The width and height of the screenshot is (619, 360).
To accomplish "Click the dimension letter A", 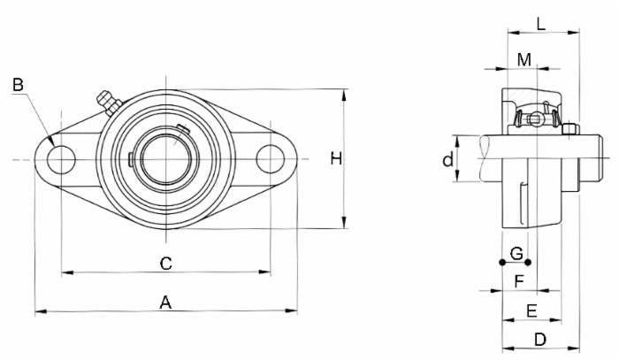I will (164, 303).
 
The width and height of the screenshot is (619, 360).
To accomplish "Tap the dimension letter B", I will (19, 85).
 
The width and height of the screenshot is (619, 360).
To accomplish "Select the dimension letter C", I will (164, 263).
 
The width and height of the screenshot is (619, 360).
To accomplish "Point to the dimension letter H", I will (335, 158).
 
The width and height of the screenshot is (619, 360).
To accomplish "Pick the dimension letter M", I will (524, 59).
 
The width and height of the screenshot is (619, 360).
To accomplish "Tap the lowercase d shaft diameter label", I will (448, 159).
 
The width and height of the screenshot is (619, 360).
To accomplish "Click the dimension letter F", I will (520, 281).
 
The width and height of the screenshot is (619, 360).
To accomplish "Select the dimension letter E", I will (531, 310).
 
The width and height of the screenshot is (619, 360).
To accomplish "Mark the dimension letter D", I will (540, 340).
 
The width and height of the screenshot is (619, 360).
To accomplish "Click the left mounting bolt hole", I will (61, 159).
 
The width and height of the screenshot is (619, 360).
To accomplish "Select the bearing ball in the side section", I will (533, 119).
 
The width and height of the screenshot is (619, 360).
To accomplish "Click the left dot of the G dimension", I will (502, 262).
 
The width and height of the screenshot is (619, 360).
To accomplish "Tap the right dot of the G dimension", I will (529, 262).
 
